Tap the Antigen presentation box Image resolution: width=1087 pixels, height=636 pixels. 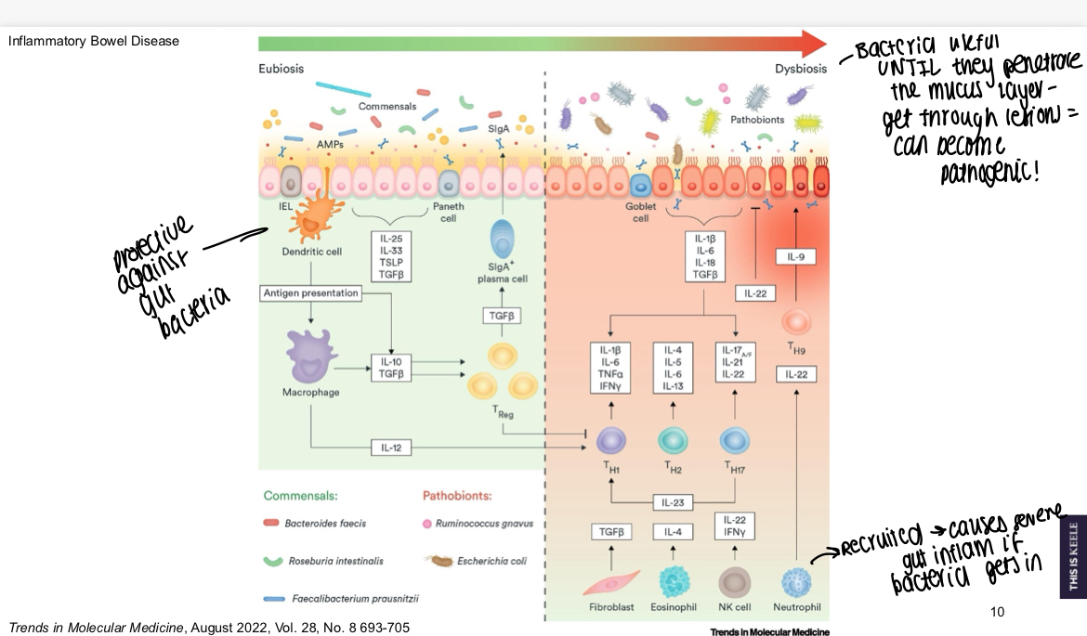tap(310, 293)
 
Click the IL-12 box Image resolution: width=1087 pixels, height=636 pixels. tap(390, 448)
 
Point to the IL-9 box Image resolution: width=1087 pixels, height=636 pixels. tap(795, 256)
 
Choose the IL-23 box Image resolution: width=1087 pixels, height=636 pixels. tap(672, 502)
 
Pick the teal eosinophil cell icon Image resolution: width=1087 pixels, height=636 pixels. tap(673, 583)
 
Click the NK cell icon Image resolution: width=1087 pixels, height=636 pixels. tap(734, 583)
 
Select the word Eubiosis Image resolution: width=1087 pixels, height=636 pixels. tap(281, 69)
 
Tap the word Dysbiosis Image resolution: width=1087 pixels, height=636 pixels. tap(801, 69)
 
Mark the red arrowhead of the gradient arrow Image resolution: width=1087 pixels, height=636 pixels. tap(814, 43)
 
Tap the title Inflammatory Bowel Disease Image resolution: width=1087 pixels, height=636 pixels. tap(93, 41)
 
